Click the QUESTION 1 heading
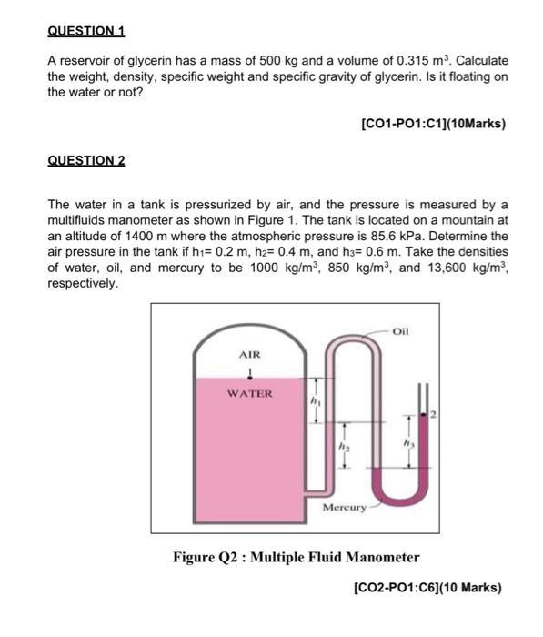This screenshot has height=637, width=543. (x=85, y=31)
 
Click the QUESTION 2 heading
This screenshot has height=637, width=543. (x=85, y=160)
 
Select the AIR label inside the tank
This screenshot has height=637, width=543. (x=249, y=354)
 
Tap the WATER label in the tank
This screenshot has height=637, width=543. (x=249, y=394)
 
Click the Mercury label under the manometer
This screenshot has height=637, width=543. (x=346, y=507)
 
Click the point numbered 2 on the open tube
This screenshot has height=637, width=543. (x=434, y=414)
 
